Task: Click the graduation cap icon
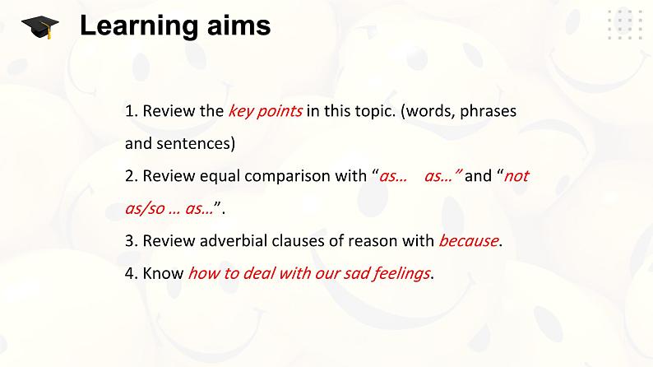click(40, 27)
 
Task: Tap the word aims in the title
click(239, 26)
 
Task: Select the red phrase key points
click(266, 111)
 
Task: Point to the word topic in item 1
click(374, 111)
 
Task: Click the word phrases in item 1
click(488, 111)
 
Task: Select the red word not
click(516, 176)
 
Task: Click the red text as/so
click(145, 208)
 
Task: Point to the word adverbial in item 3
click(234, 241)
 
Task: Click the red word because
click(469, 241)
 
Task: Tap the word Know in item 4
click(163, 273)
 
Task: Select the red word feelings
click(401, 274)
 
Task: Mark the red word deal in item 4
click(258, 273)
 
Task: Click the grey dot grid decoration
click(626, 24)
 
